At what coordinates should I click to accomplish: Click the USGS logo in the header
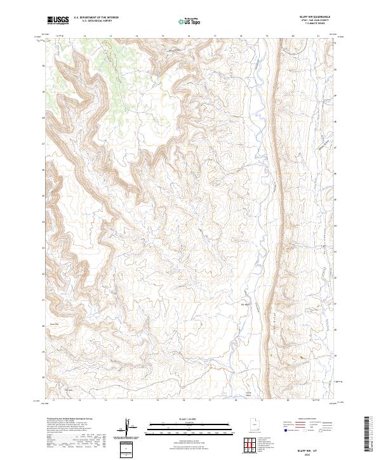click(x=58, y=20)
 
